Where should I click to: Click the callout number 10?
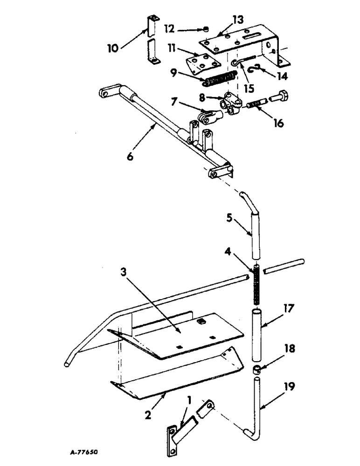(112, 48)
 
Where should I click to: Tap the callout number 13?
(238, 20)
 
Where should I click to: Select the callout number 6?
(130, 156)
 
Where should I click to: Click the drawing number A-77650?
(83, 452)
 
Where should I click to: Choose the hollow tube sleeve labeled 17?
(256, 334)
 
